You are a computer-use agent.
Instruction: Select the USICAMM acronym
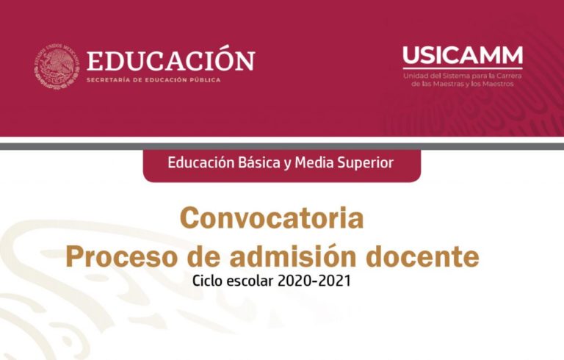coord(463,55)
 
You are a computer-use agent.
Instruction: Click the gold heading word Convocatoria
coord(272,218)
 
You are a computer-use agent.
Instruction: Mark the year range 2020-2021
coord(314,281)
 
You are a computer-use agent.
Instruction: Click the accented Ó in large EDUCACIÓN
coord(223,59)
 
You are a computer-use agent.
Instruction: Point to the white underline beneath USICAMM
coord(463,68)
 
